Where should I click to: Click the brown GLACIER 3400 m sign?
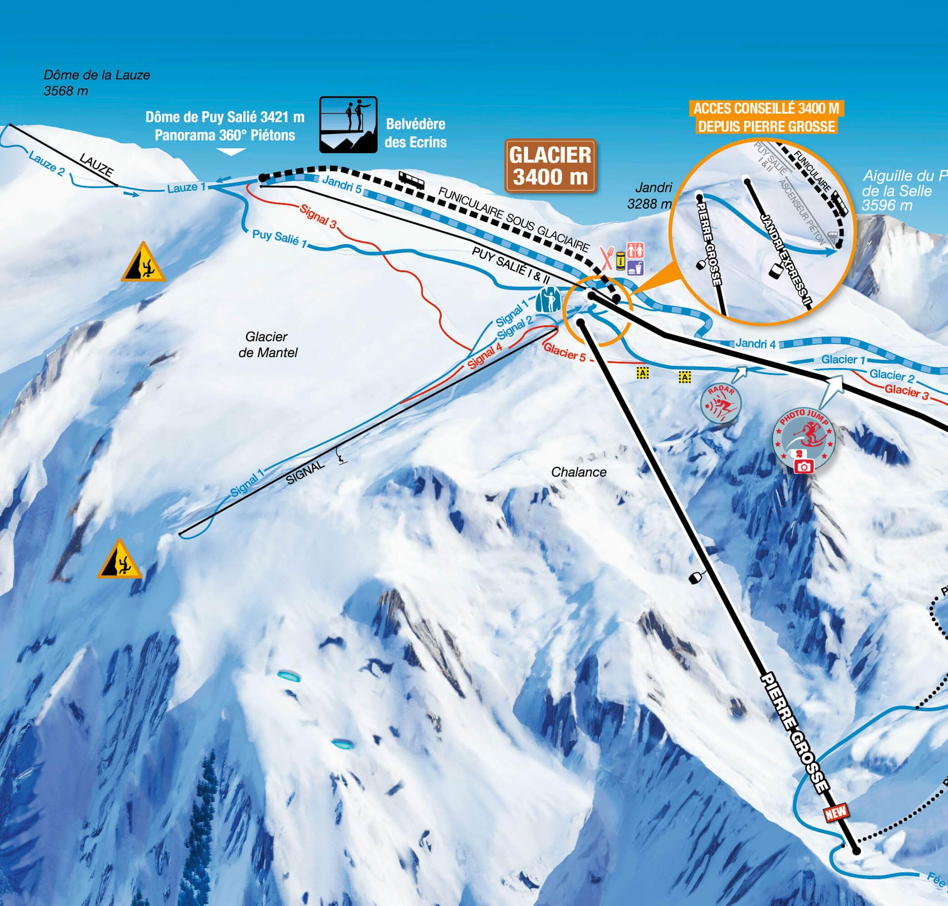(550, 166)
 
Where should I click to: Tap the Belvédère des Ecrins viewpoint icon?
(348, 124)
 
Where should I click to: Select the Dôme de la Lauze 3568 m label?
(97, 83)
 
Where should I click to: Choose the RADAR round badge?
(721, 405)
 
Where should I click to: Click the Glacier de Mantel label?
(267, 344)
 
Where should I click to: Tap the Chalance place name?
(578, 472)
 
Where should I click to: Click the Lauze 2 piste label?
(46, 163)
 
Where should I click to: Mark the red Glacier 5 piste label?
(564, 352)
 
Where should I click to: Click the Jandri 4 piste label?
(755, 343)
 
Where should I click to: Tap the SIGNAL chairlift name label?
(305, 473)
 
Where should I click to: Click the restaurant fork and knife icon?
(607, 259)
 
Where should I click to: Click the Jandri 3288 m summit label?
(649, 195)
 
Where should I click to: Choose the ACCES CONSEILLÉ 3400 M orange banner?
(766, 117)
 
